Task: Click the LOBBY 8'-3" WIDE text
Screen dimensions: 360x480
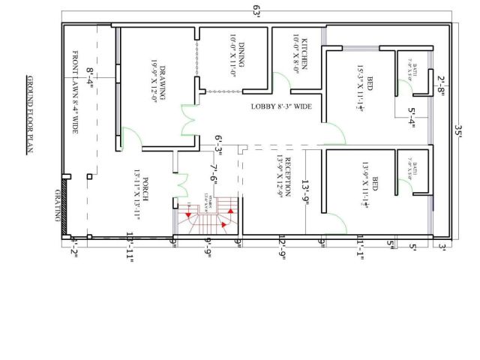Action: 281,107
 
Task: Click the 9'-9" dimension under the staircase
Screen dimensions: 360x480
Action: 208,247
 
